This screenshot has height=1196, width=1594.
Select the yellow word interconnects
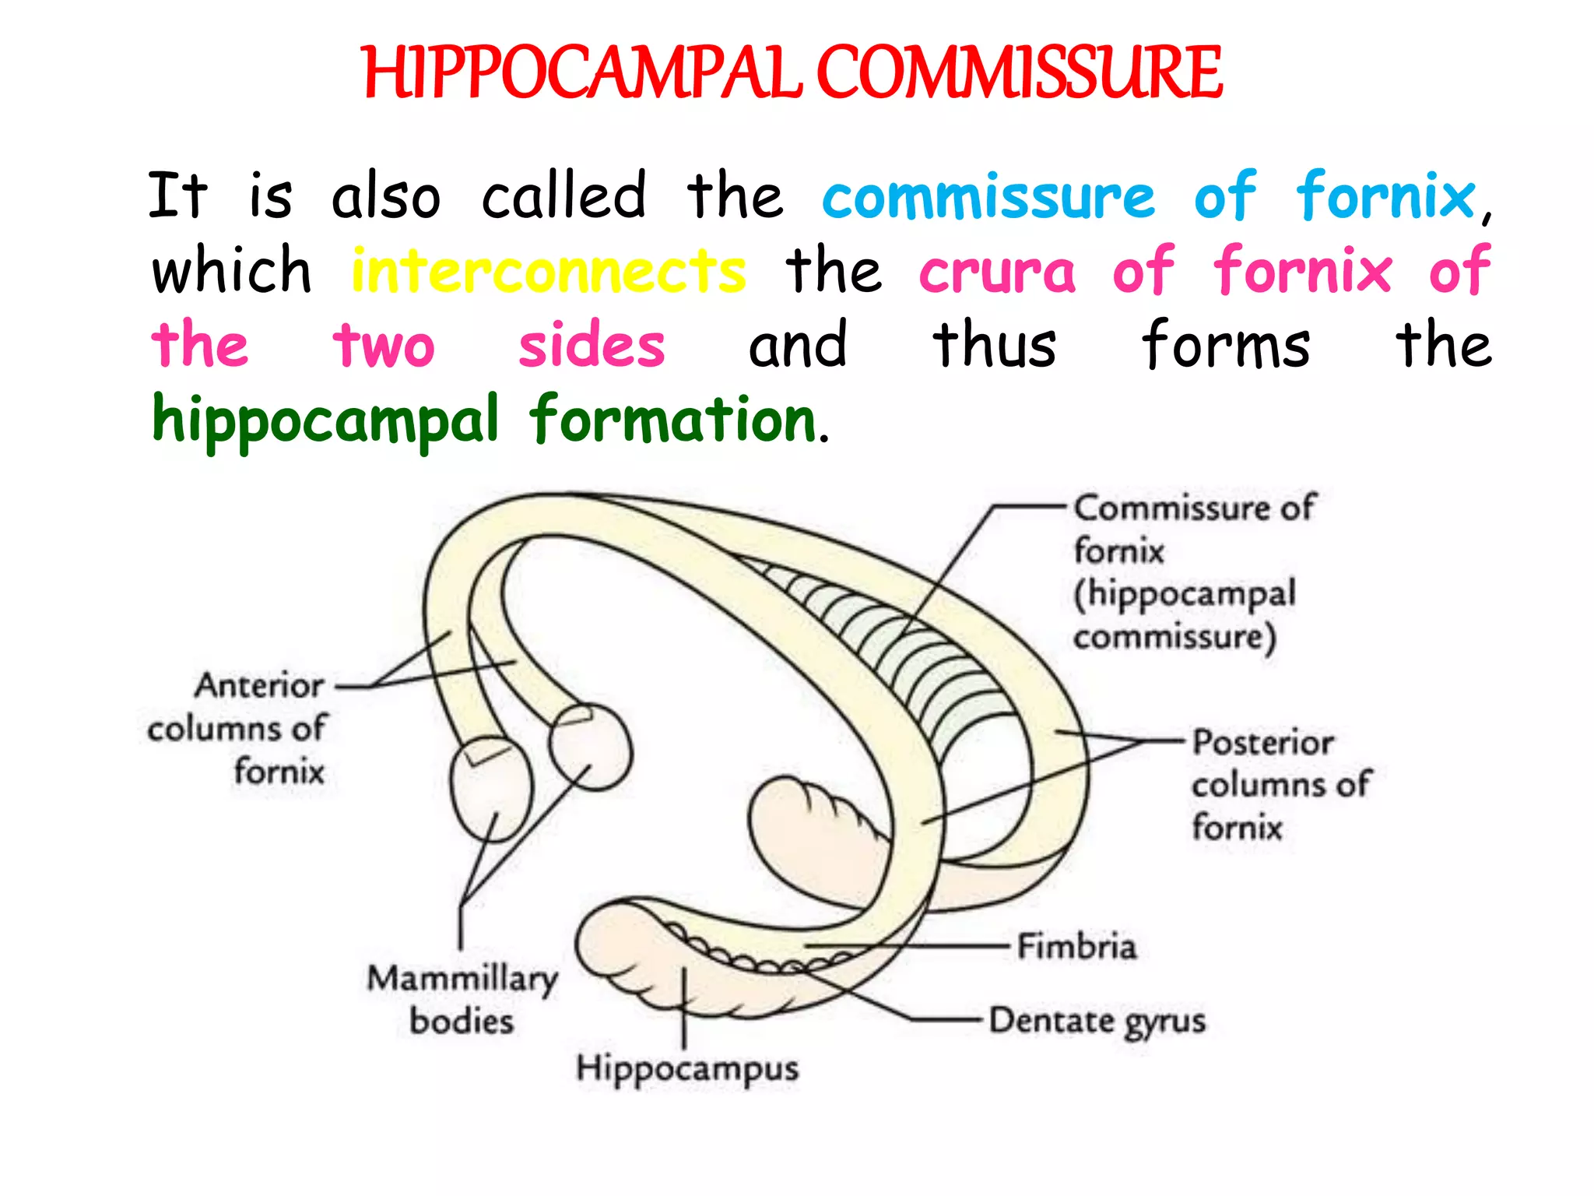pos(549,271)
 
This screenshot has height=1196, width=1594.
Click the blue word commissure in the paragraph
pos(988,196)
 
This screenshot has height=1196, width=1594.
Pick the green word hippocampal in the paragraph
pos(325,420)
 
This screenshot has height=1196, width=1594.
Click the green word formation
pos(673,420)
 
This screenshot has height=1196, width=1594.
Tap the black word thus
pos(995,345)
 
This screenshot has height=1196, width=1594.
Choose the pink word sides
pos(592,345)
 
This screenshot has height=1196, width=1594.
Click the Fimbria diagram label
pos(1076,947)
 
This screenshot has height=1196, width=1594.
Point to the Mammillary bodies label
pos(462,1000)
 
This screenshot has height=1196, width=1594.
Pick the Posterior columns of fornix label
pos(1280,784)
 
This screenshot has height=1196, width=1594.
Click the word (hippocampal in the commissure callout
pos(1185,594)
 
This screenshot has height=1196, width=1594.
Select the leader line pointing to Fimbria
pos(911,947)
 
